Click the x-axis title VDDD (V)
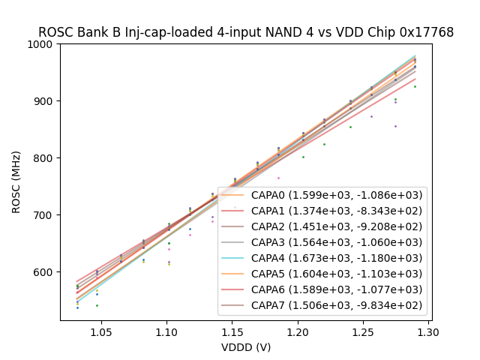(246, 347)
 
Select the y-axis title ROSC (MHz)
(16, 181)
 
